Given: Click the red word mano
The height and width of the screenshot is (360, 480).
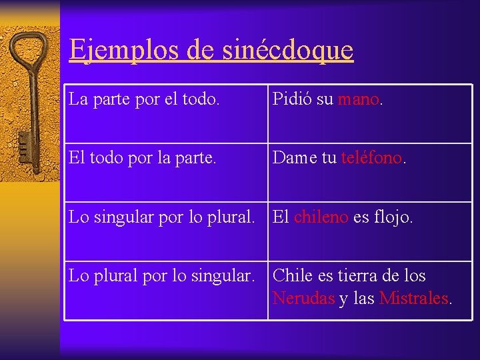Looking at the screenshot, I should pyautogui.click(x=358, y=100).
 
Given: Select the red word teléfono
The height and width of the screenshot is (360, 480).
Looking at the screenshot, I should pyautogui.click(x=372, y=158).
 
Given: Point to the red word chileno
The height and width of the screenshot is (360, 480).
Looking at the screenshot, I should pyautogui.click(x=321, y=217).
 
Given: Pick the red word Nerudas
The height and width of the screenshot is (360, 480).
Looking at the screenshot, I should pyautogui.click(x=303, y=298).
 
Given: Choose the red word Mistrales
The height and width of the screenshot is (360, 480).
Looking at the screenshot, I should pyautogui.click(x=413, y=298).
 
